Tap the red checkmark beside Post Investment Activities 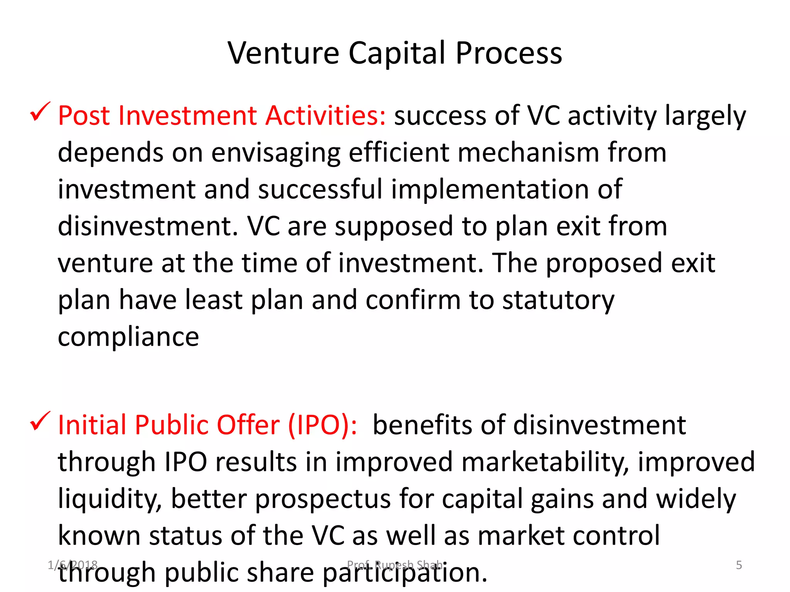pos(40,112)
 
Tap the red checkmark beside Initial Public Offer pos(40,421)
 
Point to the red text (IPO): pos(322,425)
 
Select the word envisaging pos(276,153)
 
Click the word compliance pos(128,337)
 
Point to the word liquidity pos(110,499)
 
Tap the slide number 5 pos(739,565)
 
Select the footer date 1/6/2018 pos(73,565)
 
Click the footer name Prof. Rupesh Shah pos(395,565)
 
